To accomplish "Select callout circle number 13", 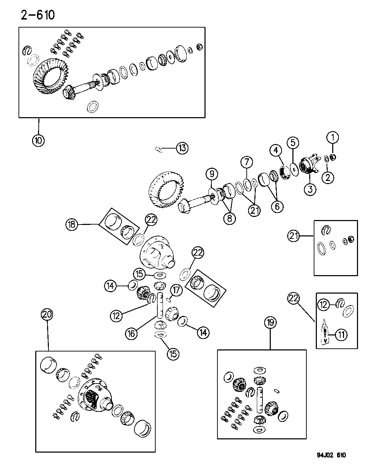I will coord(182,148).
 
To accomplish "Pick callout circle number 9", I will coord(212,173).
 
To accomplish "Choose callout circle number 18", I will coord(72,225).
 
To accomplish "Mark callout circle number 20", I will coord(47,315).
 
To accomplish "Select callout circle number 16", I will coord(132,333).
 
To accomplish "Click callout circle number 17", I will coord(177,290).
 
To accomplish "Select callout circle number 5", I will coord(293,143).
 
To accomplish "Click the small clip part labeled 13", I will coord(159,149).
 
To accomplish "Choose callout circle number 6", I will coord(277,206).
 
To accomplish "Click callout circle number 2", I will coord(328,177).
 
